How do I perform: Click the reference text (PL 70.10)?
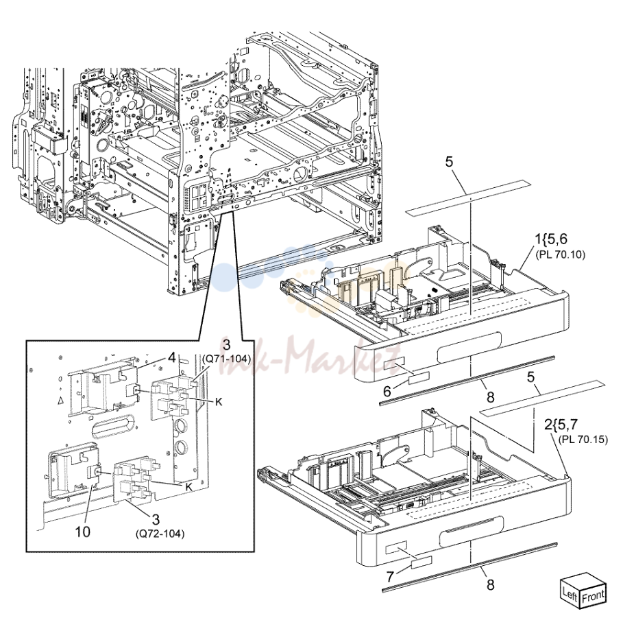click(x=560, y=254)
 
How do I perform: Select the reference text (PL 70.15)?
click(x=583, y=440)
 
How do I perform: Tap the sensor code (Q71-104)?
click(x=226, y=359)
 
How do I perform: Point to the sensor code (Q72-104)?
click(x=160, y=534)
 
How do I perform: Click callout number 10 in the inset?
click(x=83, y=532)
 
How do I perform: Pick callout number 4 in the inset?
click(x=171, y=357)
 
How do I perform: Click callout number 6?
click(x=387, y=392)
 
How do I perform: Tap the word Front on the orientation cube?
click(x=593, y=597)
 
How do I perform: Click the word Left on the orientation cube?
click(x=570, y=595)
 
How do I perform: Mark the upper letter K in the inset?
click(x=218, y=402)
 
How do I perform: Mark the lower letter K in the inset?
click(x=188, y=487)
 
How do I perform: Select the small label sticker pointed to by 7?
click(x=422, y=562)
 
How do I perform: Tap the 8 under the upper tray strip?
click(x=491, y=396)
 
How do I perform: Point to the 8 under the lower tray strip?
click(x=491, y=584)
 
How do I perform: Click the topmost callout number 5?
click(x=449, y=162)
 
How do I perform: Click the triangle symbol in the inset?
click(x=60, y=401)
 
